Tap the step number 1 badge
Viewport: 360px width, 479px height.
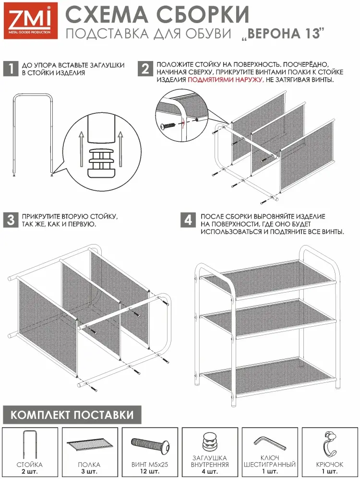pyautogui.click(x=11, y=69)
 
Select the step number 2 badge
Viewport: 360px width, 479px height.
pyautogui.click(x=145, y=69)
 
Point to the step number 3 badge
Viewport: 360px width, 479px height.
pyautogui.click(x=11, y=220)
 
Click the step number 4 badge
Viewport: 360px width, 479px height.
pyautogui.click(x=188, y=220)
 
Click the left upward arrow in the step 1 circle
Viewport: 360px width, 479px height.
pyautogui.click(x=82, y=149)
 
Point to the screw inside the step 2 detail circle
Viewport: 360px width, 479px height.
pyautogui.click(x=168, y=125)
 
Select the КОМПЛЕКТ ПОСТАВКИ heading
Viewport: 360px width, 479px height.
pyautogui.click(x=72, y=415)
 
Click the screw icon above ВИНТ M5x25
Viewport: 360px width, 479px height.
pyautogui.click(x=150, y=444)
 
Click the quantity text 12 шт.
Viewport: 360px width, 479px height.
pyautogui.click(x=149, y=472)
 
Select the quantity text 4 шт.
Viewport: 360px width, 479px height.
pyautogui.click(x=210, y=472)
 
